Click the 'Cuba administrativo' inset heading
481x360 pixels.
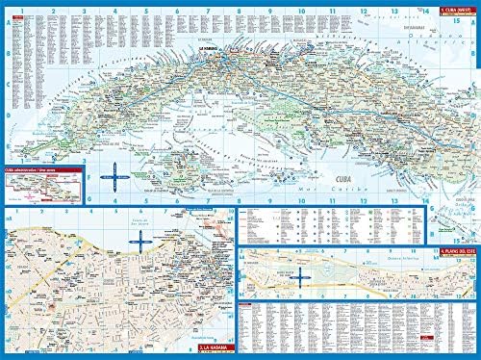(29, 167)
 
